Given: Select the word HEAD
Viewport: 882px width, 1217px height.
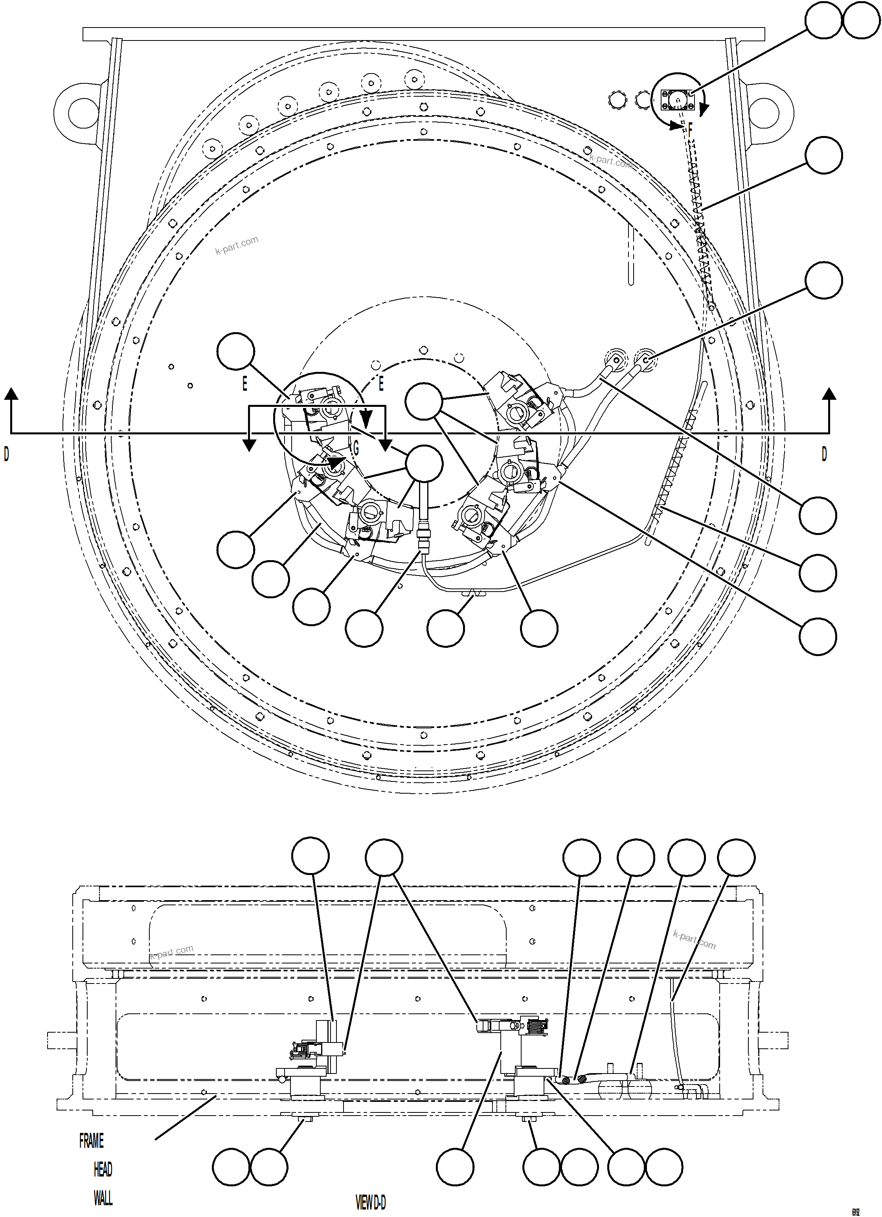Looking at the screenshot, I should pyautogui.click(x=103, y=1169).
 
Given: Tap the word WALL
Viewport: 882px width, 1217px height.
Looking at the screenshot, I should pyautogui.click(x=103, y=1198).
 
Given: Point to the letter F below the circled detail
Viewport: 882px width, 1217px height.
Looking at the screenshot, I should pyautogui.click(x=691, y=128).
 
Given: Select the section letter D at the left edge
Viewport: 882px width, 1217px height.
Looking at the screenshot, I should pyautogui.click(x=6, y=454).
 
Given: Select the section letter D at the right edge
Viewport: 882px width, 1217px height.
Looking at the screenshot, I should pyautogui.click(x=824, y=454).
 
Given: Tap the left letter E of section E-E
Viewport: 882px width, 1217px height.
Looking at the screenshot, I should pyautogui.click(x=244, y=384).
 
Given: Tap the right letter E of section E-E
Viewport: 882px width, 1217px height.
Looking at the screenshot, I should pyautogui.click(x=381, y=384).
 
